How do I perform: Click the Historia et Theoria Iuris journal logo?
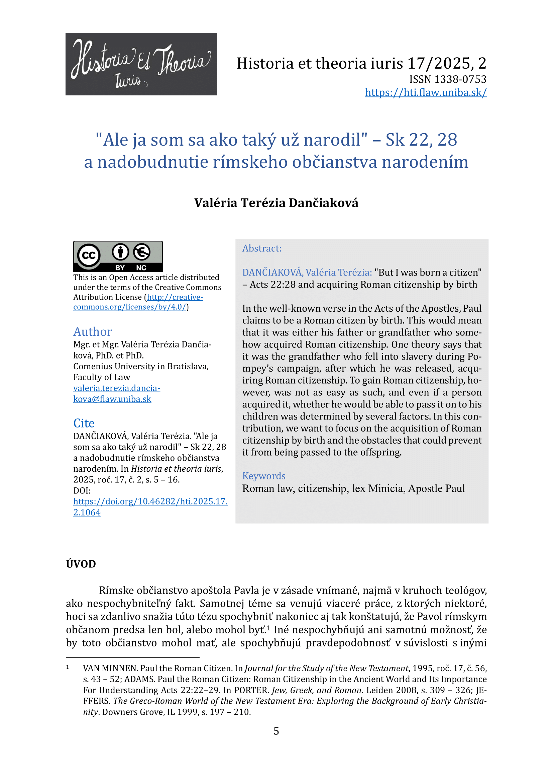(141, 64)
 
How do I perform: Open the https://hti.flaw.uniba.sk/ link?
(426, 92)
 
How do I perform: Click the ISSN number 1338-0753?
(463, 79)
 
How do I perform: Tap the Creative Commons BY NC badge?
(118, 256)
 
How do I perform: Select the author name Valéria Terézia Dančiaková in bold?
(276, 203)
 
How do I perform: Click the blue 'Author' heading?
(93, 331)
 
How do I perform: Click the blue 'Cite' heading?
(84, 423)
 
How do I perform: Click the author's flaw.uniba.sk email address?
(116, 394)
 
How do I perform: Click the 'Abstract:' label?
(262, 248)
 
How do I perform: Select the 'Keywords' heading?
(264, 476)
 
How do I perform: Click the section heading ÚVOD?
(81, 564)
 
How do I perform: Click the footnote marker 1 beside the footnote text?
(68, 667)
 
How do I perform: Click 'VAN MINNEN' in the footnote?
(110, 669)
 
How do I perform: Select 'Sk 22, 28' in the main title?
(421, 140)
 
